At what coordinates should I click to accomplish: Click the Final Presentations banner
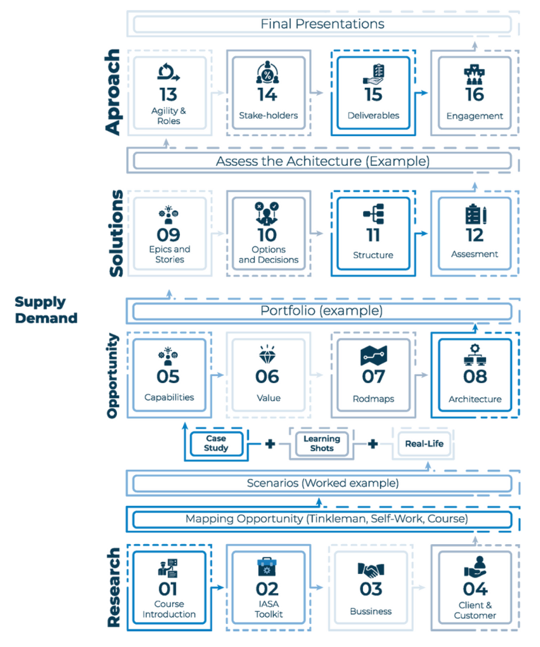pyautogui.click(x=322, y=24)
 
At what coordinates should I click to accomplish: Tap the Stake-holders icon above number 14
pyautogui.click(x=267, y=73)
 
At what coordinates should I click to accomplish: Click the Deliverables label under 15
pyautogui.click(x=373, y=115)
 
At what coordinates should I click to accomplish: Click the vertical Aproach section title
pyautogui.click(x=113, y=92)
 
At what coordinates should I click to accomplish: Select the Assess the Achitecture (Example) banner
pyautogui.click(x=322, y=162)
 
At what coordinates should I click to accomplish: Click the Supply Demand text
pyautogui.click(x=46, y=310)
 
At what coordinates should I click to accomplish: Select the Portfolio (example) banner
pyautogui.click(x=322, y=310)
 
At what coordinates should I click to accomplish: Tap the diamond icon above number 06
pyautogui.click(x=267, y=354)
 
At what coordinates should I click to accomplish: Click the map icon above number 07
pyautogui.click(x=373, y=355)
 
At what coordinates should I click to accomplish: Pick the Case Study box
pyautogui.click(x=216, y=443)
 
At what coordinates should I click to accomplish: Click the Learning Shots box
pyautogui.click(x=322, y=443)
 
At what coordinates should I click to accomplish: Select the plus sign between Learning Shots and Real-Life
pyautogui.click(x=373, y=444)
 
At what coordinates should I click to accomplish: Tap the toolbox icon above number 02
pyautogui.click(x=267, y=567)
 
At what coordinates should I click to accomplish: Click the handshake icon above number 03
pyautogui.click(x=371, y=570)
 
